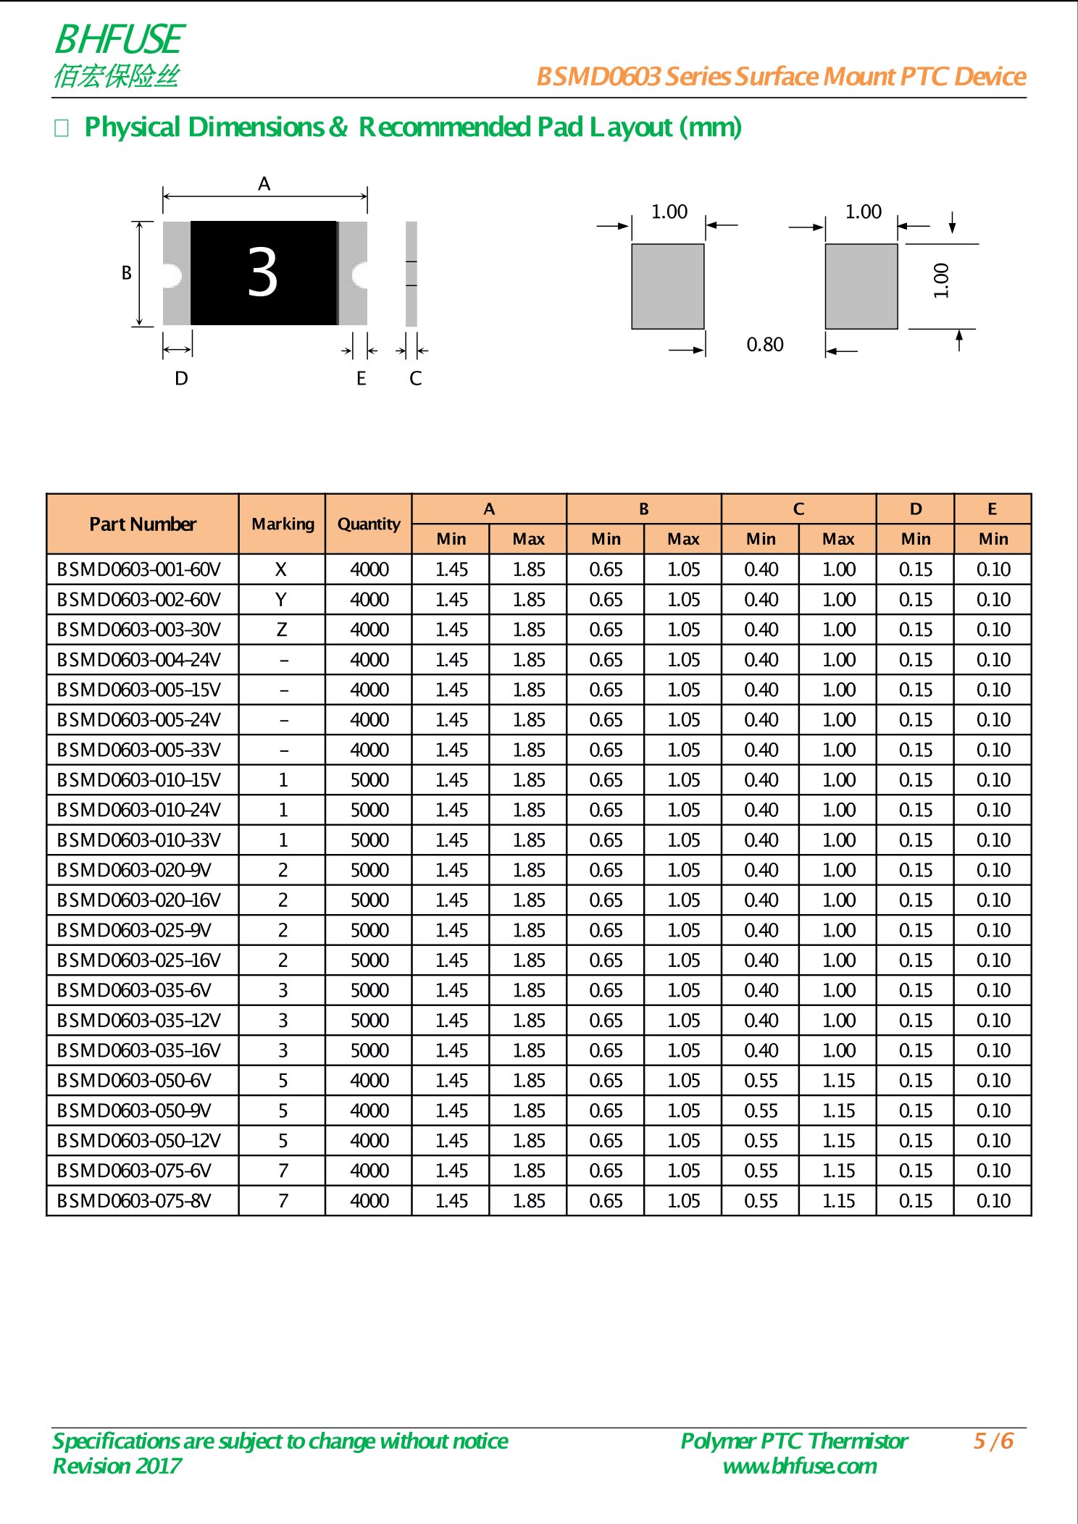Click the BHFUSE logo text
pos(120,40)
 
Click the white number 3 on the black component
pos(262,272)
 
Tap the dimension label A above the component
pos(264,184)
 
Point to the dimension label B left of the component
pos(127,273)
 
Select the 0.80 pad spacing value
pos(765,345)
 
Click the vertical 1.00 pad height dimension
pos(941,280)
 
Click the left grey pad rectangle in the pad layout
pos(667,286)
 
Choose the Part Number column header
pos(143,524)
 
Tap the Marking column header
pos(283,524)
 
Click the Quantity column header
pos(369,524)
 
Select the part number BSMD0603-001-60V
pos(138,570)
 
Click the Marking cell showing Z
pos(282,630)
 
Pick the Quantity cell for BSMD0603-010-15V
pos(369,780)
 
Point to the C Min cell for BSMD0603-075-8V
pos(761,1201)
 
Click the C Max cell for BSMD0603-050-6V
pos(838,1081)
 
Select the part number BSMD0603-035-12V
pos(138,1021)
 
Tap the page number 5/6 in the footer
pos(993,1441)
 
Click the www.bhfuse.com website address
pos(800,1466)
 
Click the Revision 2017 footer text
pos(117,1466)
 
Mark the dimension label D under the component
pos(181,378)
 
